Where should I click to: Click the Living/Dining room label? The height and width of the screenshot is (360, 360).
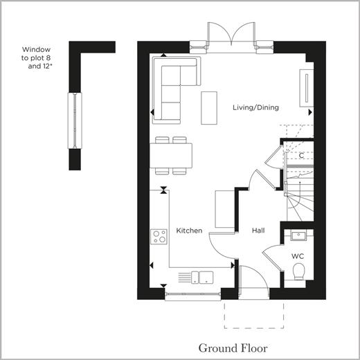pyautogui.click(x=255, y=107)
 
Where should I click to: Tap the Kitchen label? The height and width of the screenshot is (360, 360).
pyautogui.click(x=189, y=231)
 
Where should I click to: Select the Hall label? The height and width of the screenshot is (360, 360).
pyautogui.click(x=258, y=231)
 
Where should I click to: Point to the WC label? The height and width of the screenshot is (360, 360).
pyautogui.click(x=298, y=256)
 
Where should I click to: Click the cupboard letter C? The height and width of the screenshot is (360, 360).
pyautogui.click(x=301, y=156)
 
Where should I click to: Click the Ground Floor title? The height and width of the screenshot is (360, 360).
pyautogui.click(x=233, y=348)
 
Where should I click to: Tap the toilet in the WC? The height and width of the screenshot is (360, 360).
pyautogui.click(x=299, y=272)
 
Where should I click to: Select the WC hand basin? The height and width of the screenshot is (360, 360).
pyautogui.click(x=298, y=235)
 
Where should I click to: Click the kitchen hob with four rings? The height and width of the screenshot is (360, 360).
pyautogui.click(x=159, y=237)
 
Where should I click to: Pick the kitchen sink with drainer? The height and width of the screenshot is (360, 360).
pyautogui.click(x=196, y=278)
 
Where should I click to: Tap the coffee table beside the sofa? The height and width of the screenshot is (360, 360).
pyautogui.click(x=209, y=108)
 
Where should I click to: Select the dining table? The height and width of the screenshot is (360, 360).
pyautogui.click(x=171, y=156)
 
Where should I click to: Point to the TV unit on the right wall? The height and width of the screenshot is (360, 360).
pyautogui.click(x=307, y=88)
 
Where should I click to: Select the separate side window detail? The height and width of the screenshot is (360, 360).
pyautogui.click(x=75, y=120)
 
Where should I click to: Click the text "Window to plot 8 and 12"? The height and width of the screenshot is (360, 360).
pyautogui.click(x=37, y=58)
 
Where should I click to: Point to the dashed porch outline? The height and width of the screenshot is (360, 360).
pyautogui.click(x=254, y=328)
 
